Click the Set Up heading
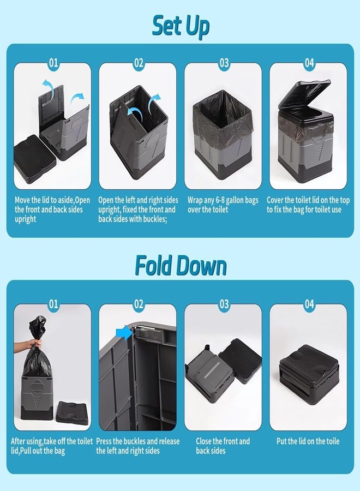(180, 26)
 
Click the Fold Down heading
(180, 266)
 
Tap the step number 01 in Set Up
(53, 63)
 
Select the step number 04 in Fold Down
(309, 304)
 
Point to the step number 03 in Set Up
(224, 63)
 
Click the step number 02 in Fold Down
(139, 304)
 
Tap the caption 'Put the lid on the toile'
(309, 441)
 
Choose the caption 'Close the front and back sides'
(223, 446)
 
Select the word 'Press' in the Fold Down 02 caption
(106, 441)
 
